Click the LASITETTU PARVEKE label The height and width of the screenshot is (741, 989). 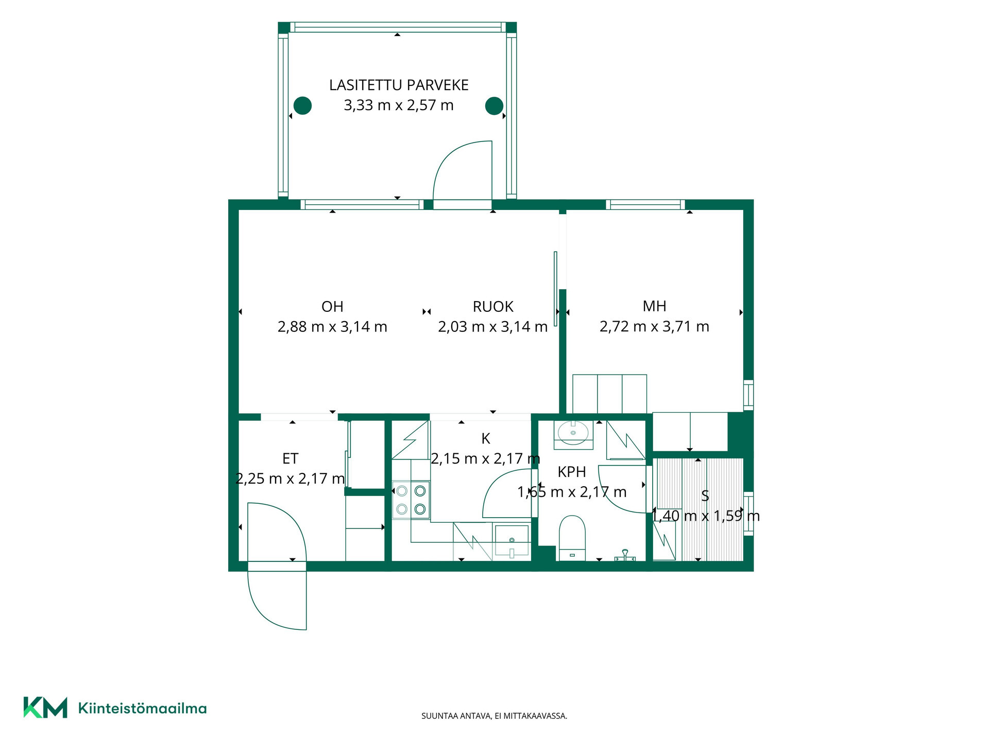(399, 85)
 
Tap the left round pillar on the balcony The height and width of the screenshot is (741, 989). (302, 105)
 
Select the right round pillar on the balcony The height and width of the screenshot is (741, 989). (494, 105)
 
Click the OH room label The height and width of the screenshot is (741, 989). (332, 307)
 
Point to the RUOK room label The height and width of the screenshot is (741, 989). (493, 307)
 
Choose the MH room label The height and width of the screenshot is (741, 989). (654, 306)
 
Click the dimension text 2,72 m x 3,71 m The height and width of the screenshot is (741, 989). (654, 326)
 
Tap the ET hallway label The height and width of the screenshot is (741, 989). (290, 458)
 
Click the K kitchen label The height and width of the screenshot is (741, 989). (485, 438)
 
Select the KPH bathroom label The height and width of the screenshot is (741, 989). (572, 472)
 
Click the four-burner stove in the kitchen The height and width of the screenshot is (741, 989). (411, 500)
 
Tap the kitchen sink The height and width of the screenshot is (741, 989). (511, 541)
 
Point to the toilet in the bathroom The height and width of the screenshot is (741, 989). (572, 538)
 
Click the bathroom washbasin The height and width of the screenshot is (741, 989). (573, 433)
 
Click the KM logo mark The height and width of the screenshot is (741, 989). (45, 708)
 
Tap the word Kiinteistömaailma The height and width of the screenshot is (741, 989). (142, 708)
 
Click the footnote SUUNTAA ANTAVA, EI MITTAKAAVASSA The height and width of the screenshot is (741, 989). (494, 716)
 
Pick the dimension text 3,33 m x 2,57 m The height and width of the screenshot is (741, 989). (399, 105)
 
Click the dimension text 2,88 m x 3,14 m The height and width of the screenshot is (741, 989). (332, 327)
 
